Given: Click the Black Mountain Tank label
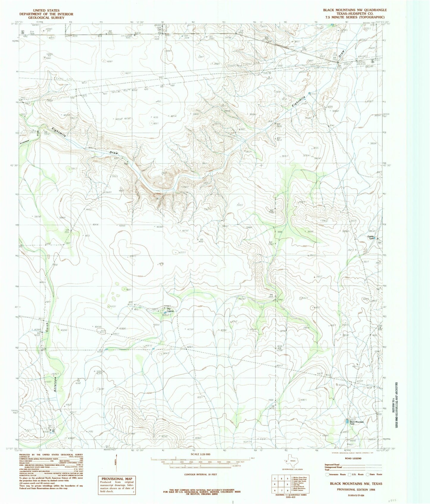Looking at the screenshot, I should (357, 423).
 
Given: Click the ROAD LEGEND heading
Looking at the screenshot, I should (354, 458).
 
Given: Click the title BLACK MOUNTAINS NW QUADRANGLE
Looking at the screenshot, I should (355, 10).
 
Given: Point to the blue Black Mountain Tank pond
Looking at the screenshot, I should (347, 421).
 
